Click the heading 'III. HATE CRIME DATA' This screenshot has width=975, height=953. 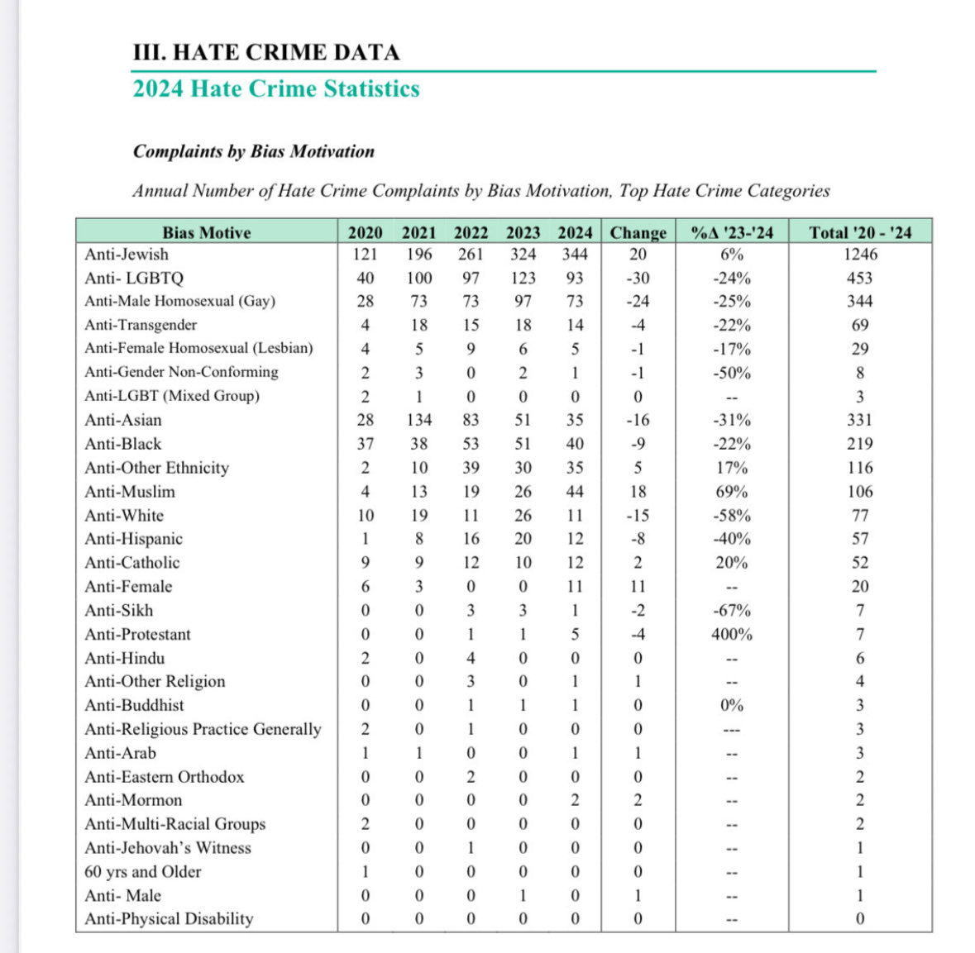coord(265,52)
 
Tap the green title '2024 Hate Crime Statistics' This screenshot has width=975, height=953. coord(276,88)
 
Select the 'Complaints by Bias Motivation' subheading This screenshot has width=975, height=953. coord(253,151)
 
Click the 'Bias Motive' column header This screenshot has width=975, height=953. coord(206,232)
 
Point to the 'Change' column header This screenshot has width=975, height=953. coord(638,232)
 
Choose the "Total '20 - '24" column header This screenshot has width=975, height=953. coord(860,232)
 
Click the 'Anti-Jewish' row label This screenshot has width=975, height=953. coord(127,255)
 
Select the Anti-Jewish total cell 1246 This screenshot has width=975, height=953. coord(860,255)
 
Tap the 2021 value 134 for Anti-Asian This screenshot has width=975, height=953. coord(419,420)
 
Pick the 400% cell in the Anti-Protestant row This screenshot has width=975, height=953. coord(732,635)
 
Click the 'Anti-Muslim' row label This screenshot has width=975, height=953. coord(130,492)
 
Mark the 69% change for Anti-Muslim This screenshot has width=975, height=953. coord(732,492)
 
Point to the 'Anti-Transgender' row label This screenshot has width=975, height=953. coord(141,325)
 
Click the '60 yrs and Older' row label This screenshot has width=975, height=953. coord(142,872)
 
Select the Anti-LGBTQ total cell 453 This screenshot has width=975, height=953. coord(860,279)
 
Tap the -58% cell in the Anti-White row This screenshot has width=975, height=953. coord(732,516)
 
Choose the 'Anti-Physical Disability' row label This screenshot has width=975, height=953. coord(169,919)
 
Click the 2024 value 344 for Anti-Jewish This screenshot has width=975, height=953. coord(575,255)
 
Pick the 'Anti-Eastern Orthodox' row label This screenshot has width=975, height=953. coord(165,777)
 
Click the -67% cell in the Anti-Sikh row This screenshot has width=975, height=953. coord(732,611)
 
